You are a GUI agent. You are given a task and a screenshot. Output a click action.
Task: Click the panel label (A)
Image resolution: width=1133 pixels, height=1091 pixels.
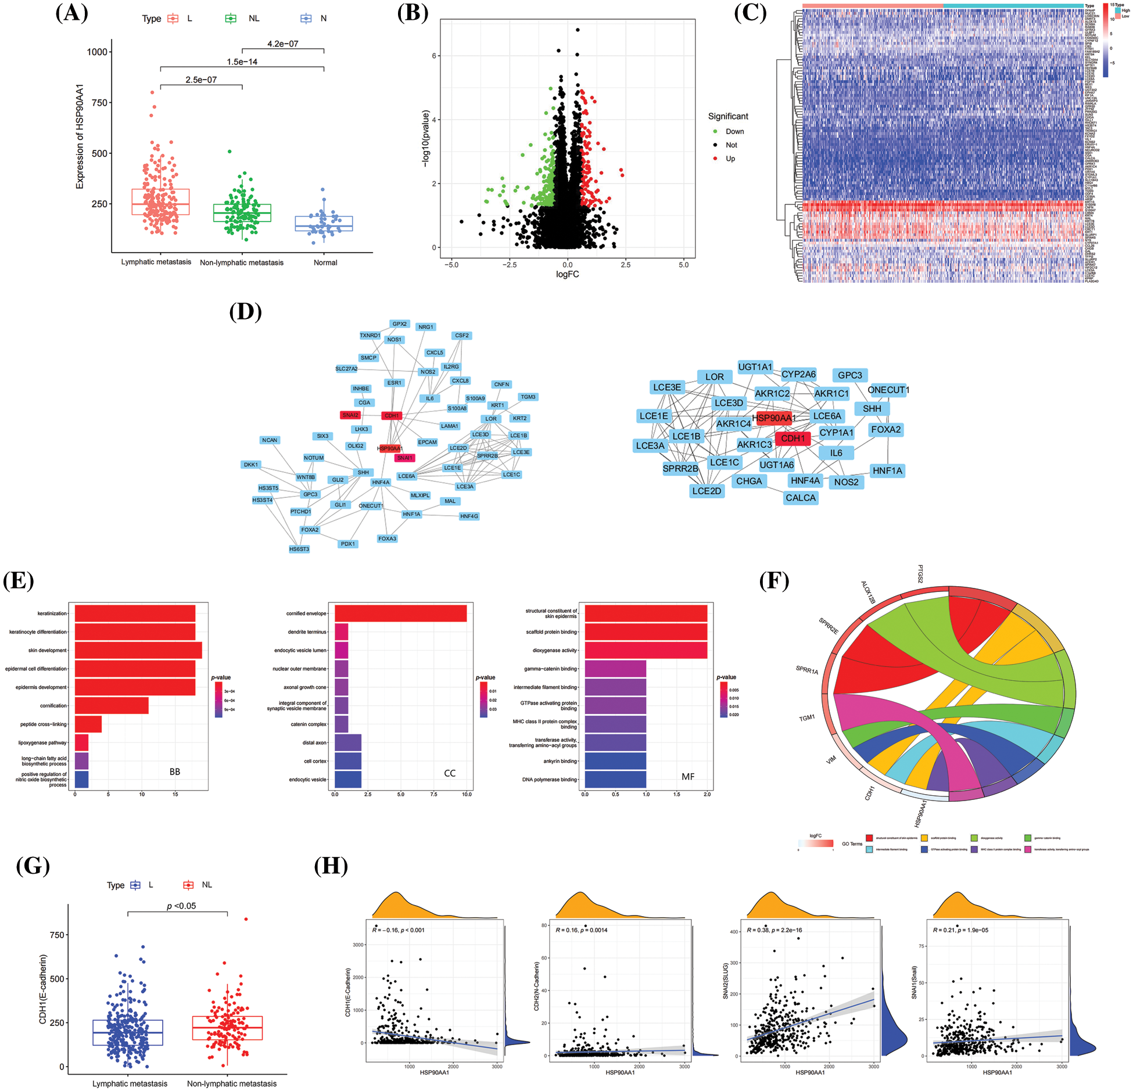pos(71,12)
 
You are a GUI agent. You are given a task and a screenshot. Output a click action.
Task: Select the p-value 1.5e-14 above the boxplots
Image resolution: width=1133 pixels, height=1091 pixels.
pos(242,62)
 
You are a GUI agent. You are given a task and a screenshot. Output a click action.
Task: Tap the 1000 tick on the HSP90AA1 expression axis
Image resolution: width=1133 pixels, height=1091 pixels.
pos(97,52)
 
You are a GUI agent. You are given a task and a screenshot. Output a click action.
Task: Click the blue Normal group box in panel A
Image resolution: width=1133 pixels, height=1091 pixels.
pos(324,224)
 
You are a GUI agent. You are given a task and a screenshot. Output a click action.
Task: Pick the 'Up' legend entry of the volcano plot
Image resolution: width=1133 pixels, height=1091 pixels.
pos(730,159)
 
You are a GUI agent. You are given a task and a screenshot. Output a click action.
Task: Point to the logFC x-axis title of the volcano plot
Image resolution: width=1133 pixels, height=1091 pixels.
pos(567,274)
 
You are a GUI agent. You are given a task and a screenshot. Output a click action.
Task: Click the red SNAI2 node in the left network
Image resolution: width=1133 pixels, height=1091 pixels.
pos(350,415)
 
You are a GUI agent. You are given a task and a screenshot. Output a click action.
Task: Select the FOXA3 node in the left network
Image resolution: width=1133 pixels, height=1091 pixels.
pos(387,539)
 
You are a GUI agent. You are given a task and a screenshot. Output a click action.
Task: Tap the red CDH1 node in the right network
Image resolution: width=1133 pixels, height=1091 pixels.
pos(793,438)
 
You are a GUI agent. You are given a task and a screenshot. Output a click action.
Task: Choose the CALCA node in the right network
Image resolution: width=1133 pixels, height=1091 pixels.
pos(800,498)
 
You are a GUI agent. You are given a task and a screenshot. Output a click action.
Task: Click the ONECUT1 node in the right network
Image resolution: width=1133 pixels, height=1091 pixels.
pos(888,390)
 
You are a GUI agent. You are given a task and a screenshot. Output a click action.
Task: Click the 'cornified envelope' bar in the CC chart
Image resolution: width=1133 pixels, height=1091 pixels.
pos(400,613)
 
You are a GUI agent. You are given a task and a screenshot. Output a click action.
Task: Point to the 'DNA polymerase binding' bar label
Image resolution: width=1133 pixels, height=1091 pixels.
pos(549,780)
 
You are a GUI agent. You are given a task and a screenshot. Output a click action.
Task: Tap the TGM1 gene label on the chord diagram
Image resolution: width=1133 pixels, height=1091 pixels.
pos(806,718)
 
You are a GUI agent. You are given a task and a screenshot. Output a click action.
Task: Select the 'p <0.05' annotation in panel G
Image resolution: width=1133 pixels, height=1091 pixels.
pos(181,906)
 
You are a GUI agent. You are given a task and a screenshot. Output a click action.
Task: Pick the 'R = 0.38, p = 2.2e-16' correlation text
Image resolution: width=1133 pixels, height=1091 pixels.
pos(774,930)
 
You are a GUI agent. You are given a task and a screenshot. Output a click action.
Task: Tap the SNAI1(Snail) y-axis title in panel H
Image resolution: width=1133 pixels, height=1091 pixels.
pos(914,982)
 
